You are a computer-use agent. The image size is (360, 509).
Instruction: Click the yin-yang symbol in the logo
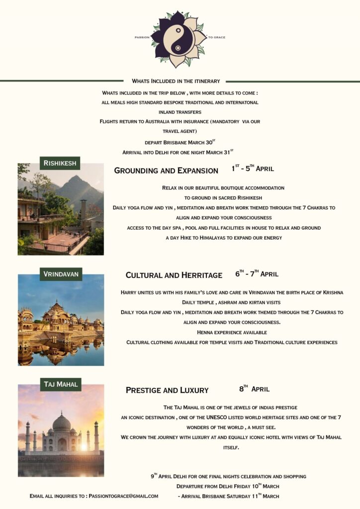tap(179, 38)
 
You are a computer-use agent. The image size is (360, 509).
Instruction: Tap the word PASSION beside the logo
tap(142, 37)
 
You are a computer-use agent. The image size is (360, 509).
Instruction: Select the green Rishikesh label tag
tap(60, 163)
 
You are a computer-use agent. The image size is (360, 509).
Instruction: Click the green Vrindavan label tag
tap(61, 274)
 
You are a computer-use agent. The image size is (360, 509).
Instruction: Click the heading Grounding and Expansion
tap(166, 170)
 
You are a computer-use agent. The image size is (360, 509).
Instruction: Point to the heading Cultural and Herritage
tap(174, 275)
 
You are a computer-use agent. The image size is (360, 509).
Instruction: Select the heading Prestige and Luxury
tap(167, 390)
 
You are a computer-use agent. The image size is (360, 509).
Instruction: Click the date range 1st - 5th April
tap(253, 169)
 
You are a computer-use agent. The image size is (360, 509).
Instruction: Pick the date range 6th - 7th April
tap(257, 274)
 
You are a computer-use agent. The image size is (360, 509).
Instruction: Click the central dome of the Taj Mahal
tap(62, 423)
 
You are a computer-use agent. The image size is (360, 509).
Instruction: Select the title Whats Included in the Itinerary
tap(176, 81)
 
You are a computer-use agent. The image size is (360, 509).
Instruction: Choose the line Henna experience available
tap(232, 332)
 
